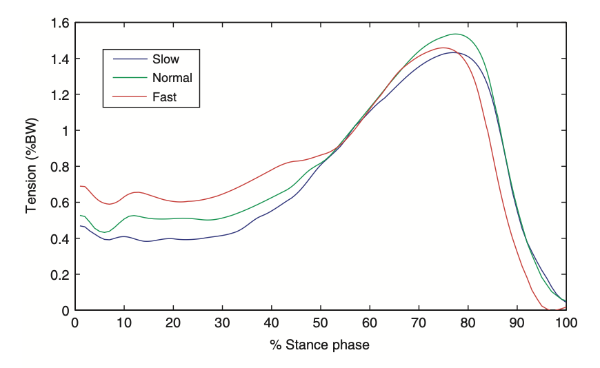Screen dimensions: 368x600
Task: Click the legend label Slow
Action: tap(166, 59)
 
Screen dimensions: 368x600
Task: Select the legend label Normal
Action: tap(172, 78)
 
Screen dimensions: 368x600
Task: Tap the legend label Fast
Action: tap(164, 97)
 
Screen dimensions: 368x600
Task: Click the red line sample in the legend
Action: tap(126, 97)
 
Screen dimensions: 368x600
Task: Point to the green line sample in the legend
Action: tap(126, 78)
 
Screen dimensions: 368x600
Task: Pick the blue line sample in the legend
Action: tap(126, 59)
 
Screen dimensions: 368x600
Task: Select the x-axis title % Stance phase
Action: tap(320, 345)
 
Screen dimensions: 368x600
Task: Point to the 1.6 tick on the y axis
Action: tap(60, 23)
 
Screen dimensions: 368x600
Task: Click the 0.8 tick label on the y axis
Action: tap(60, 167)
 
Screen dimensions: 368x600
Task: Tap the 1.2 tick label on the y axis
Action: tap(60, 95)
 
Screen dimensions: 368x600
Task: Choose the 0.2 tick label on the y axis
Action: tap(60, 274)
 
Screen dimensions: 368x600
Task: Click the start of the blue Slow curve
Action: tap(81, 226)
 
